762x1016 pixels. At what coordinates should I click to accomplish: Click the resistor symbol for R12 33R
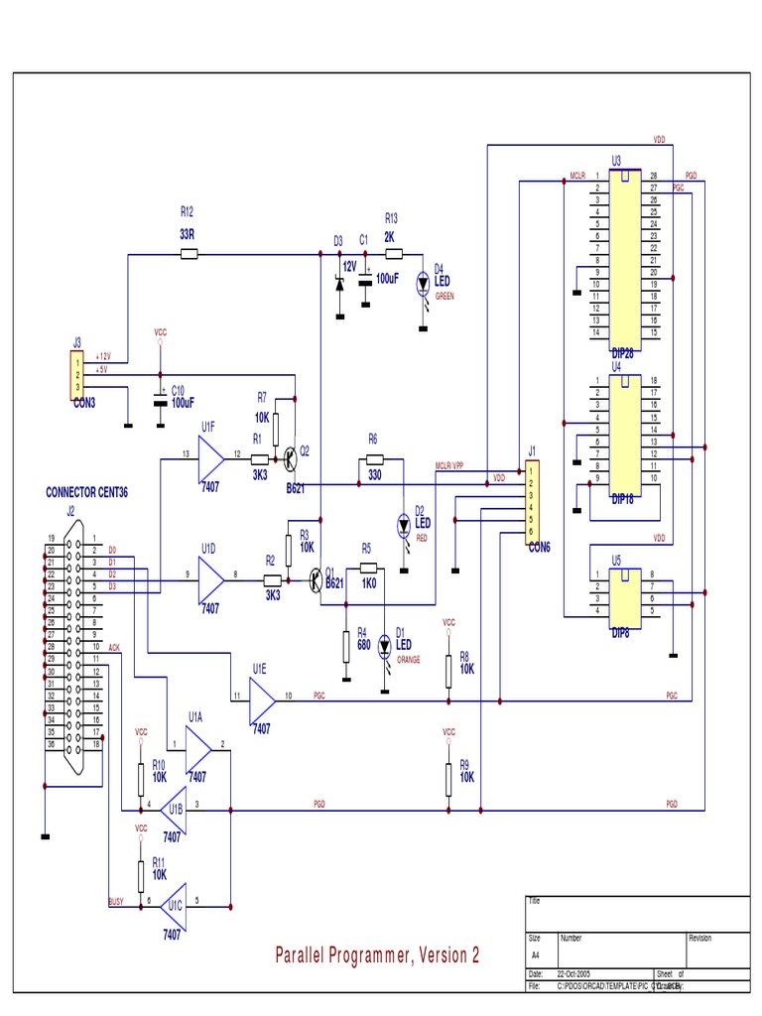pyautogui.click(x=190, y=255)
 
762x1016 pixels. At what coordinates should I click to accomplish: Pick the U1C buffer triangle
pyautogui.click(x=175, y=904)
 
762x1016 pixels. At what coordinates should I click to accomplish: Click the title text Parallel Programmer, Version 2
pyautogui.click(x=377, y=955)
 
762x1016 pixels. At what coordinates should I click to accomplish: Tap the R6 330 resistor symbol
pyautogui.click(x=373, y=459)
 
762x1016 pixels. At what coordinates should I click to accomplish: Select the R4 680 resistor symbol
pyautogui.click(x=344, y=647)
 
